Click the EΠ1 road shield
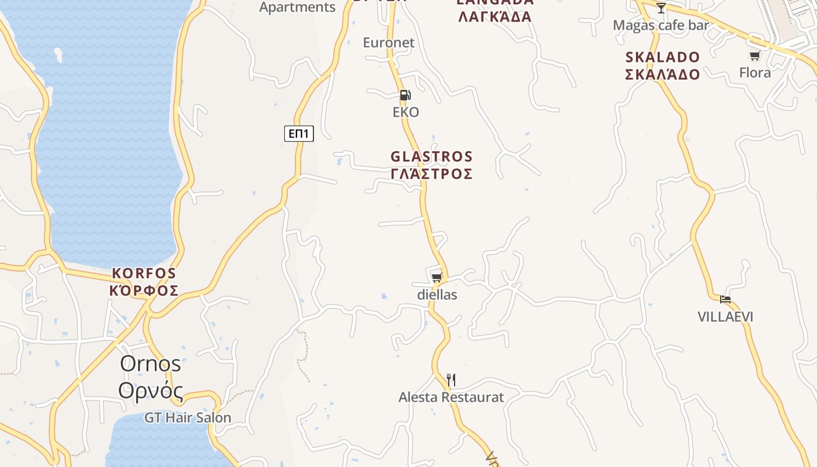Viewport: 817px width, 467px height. click(x=299, y=134)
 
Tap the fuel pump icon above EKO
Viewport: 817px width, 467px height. click(x=405, y=95)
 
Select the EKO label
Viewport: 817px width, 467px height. click(x=406, y=112)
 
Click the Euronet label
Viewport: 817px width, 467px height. click(x=388, y=43)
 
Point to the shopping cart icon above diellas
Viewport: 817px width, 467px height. click(x=437, y=277)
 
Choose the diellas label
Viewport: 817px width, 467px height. click(x=437, y=295)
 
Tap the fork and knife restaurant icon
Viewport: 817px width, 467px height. click(x=451, y=380)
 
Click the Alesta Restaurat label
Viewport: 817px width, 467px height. click(x=451, y=398)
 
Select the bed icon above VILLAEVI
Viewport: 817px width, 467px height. click(x=725, y=299)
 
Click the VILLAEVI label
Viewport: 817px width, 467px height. click(x=725, y=317)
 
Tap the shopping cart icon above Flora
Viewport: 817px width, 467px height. click(x=755, y=56)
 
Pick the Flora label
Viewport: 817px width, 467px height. click(x=755, y=73)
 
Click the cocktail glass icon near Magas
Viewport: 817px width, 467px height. click(x=661, y=8)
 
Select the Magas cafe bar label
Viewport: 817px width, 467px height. click(x=661, y=26)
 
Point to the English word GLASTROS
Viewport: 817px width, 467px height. click(x=431, y=156)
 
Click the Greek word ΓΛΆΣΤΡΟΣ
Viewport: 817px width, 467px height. click(x=431, y=174)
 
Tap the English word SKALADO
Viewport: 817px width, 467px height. click(x=662, y=57)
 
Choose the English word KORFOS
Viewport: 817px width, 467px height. click(x=144, y=273)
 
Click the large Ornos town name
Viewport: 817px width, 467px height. click(x=151, y=364)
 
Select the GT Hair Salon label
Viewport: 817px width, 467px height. click(x=188, y=418)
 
